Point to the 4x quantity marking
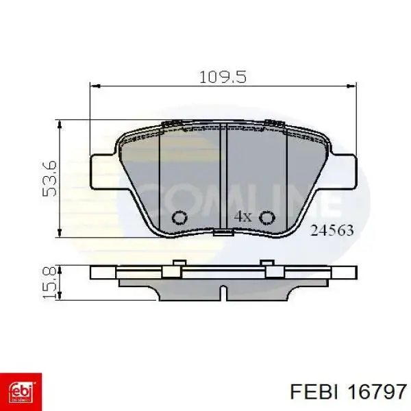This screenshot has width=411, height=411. (x=243, y=216)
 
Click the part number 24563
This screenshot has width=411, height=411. (x=332, y=231)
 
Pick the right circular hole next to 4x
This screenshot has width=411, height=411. (x=267, y=217)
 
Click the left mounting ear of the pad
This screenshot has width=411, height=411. (x=103, y=167)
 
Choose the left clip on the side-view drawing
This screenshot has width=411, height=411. (x=177, y=267)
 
